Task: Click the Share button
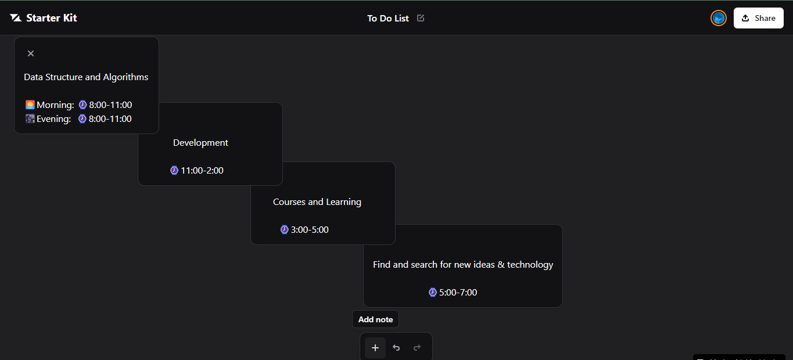[758, 18]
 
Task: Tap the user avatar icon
[718, 18]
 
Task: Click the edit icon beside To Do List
[421, 18]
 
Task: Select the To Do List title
[388, 19]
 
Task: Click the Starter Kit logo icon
[16, 17]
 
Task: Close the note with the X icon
[31, 53]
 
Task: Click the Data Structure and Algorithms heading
[86, 77]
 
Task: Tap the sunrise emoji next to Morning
[30, 105]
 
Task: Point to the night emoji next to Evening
[30, 118]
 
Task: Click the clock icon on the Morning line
[82, 105]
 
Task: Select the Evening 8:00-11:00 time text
[110, 119]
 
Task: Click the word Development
[200, 143]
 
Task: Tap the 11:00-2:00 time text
[202, 171]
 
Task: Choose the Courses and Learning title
[317, 201]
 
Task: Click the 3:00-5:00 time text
[310, 230]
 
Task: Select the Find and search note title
[463, 265]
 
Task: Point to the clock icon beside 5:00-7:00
[433, 293]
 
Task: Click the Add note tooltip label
[376, 319]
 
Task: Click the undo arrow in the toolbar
[396, 348]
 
